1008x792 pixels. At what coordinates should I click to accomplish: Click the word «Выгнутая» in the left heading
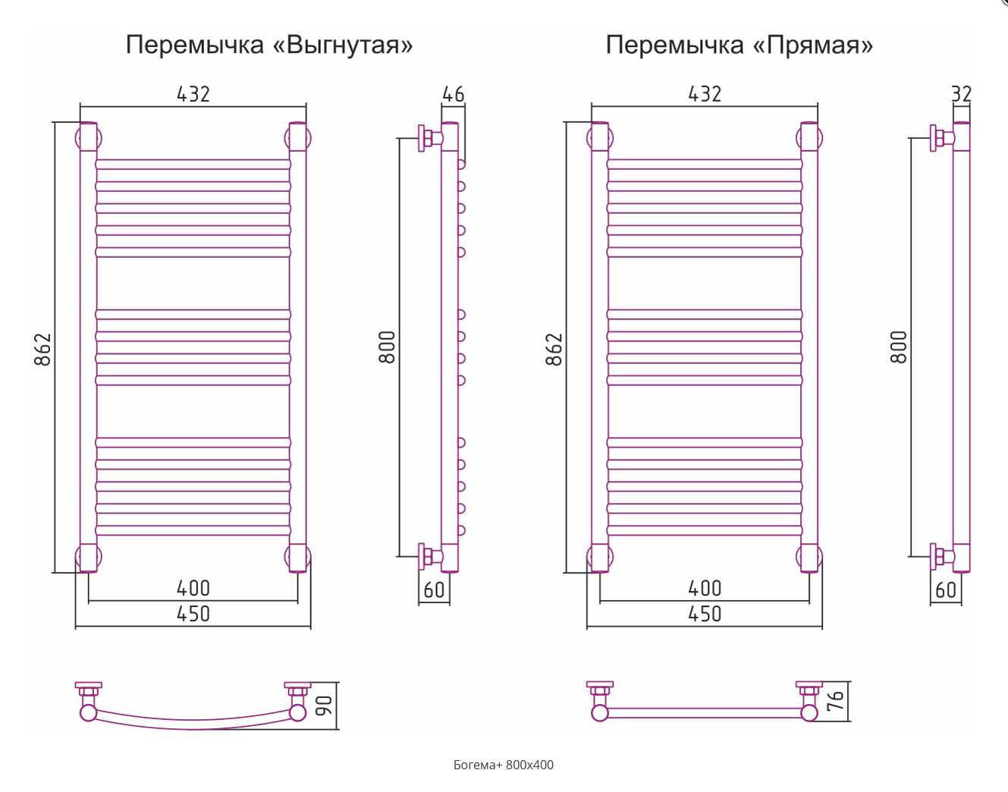pos(343,46)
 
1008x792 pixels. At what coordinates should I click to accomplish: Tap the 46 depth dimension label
pos(454,94)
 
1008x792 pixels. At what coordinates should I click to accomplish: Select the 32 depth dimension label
pos(961,94)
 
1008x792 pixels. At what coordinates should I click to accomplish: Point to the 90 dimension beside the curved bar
pos(325,706)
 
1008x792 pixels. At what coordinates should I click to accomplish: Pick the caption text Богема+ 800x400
pos(504,765)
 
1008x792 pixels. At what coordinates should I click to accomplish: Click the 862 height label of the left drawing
pos(42,350)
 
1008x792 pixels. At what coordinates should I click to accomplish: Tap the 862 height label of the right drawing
pos(554,350)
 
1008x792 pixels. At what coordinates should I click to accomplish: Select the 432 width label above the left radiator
pos(193,94)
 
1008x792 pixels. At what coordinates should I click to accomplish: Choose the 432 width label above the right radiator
pos(705,94)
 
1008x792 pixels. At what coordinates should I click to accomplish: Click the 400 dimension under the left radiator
pos(193,589)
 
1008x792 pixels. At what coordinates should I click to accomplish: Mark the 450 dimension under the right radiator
pos(705,614)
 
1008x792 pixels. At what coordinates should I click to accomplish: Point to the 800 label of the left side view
pos(387,347)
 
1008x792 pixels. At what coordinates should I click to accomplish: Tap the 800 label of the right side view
pos(899,347)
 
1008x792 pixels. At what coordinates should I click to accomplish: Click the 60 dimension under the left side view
pos(434,590)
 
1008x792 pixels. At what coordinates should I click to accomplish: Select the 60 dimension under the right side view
pos(946,590)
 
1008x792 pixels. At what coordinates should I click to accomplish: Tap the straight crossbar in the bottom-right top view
pos(705,713)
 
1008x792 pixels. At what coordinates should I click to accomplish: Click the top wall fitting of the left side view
pos(430,138)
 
